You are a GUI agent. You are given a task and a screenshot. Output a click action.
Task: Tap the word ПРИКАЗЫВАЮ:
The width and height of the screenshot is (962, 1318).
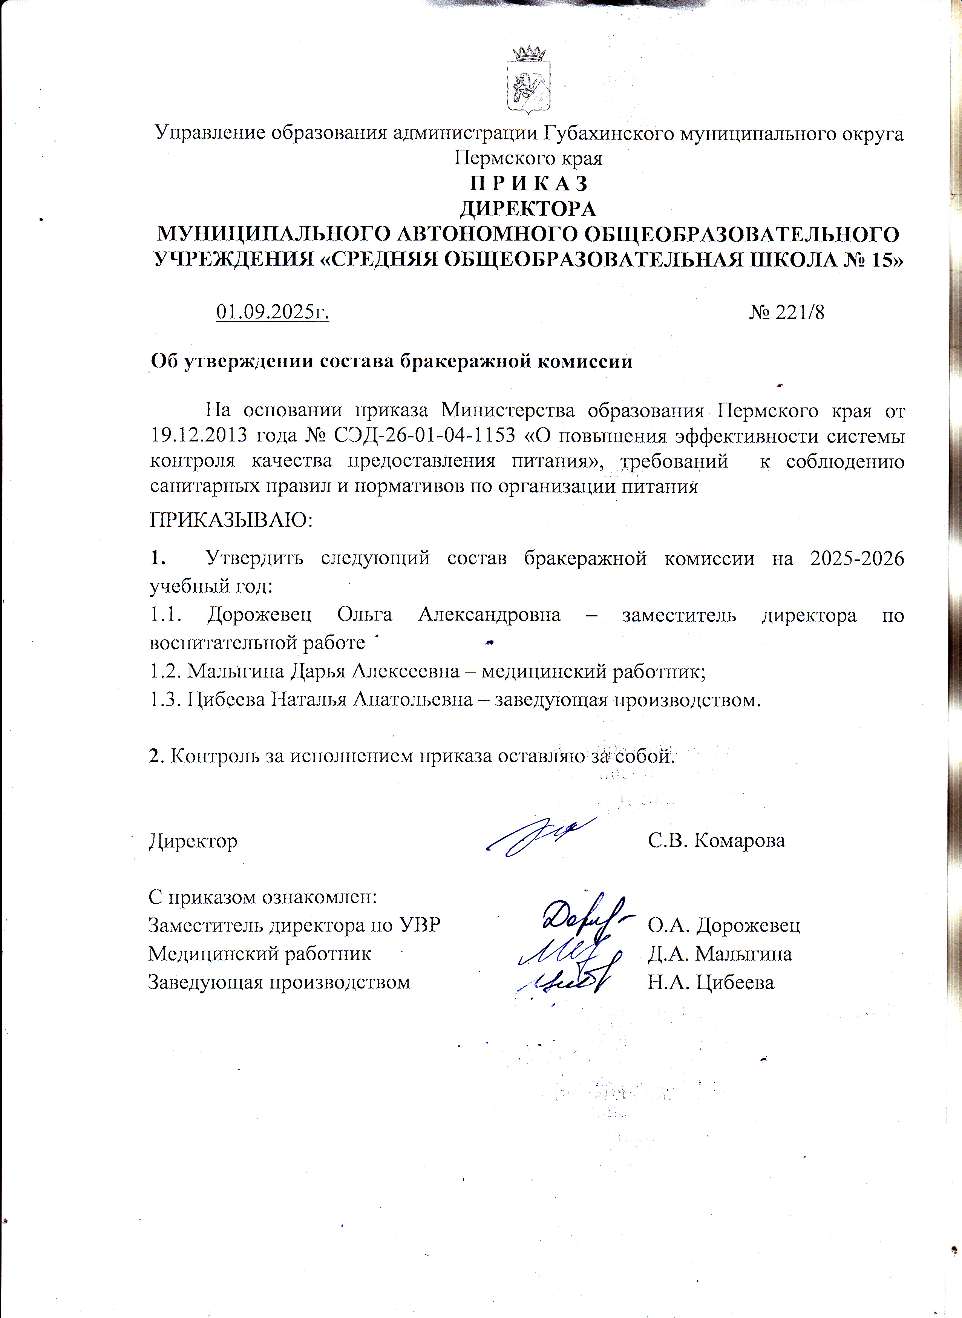pos(231,519)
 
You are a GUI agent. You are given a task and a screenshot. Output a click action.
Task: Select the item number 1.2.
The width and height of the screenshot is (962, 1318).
pos(166,671)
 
